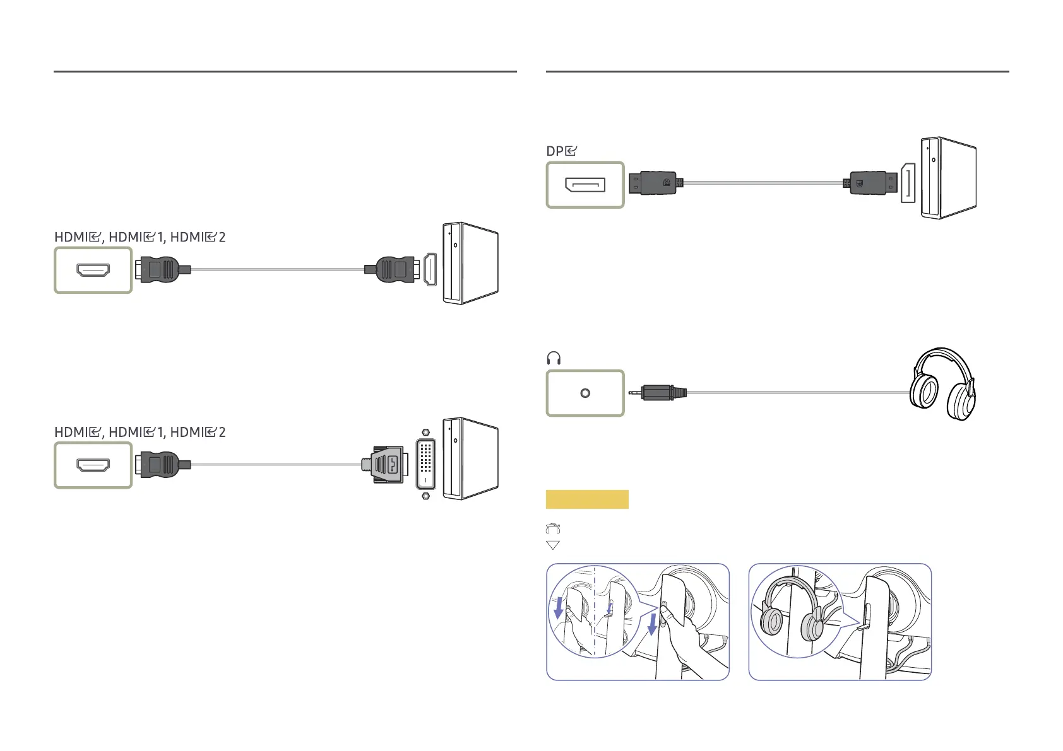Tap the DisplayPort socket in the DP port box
pyautogui.click(x=585, y=185)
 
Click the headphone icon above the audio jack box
pyautogui.click(x=554, y=358)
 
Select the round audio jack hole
pyautogui.click(x=585, y=393)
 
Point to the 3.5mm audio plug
pyautogui.click(x=658, y=393)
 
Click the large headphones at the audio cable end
pyautogui.click(x=942, y=384)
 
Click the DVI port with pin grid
pyautogui.click(x=425, y=464)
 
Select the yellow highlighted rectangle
pyautogui.click(x=587, y=499)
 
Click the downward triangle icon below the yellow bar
pyautogui.click(x=553, y=545)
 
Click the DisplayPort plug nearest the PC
pyautogui.click(x=870, y=183)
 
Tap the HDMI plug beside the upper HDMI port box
pyautogui.click(x=163, y=270)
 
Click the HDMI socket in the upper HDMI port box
pyautogui.click(x=93, y=271)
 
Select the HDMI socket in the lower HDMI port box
pyautogui.click(x=93, y=465)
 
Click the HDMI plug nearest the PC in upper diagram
pyautogui.click(x=392, y=270)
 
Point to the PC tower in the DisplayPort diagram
pyautogui.click(x=949, y=178)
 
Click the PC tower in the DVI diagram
pyautogui.click(x=470, y=459)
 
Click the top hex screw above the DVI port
pyautogui.click(x=425, y=433)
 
